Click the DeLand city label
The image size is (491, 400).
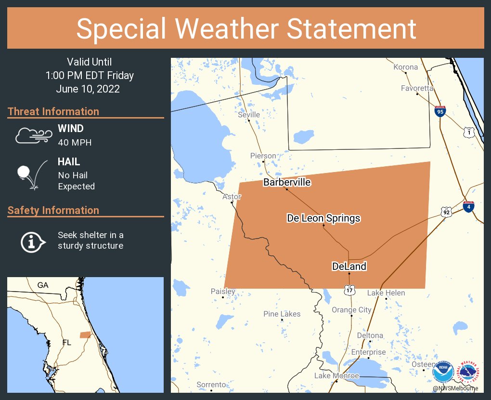(349, 267)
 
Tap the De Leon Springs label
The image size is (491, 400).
(323, 218)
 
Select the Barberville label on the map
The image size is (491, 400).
(286, 182)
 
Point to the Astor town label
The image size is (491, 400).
(232, 197)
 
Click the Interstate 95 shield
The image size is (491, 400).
(439, 111)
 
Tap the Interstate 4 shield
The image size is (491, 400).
(468, 206)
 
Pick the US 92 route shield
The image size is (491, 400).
(446, 212)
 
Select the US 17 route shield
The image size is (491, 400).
(349, 290)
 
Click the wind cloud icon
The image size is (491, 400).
(33, 135)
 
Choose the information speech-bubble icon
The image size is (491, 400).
(32, 241)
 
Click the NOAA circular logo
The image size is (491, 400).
(443, 372)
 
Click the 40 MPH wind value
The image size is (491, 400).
(75, 143)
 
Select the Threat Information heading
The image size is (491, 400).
(53, 112)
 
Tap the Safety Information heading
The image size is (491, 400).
(53, 211)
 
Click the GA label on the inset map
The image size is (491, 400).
(43, 285)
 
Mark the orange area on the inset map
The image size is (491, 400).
(85, 334)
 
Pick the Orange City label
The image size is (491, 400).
(351, 310)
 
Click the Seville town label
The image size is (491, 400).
(249, 115)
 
